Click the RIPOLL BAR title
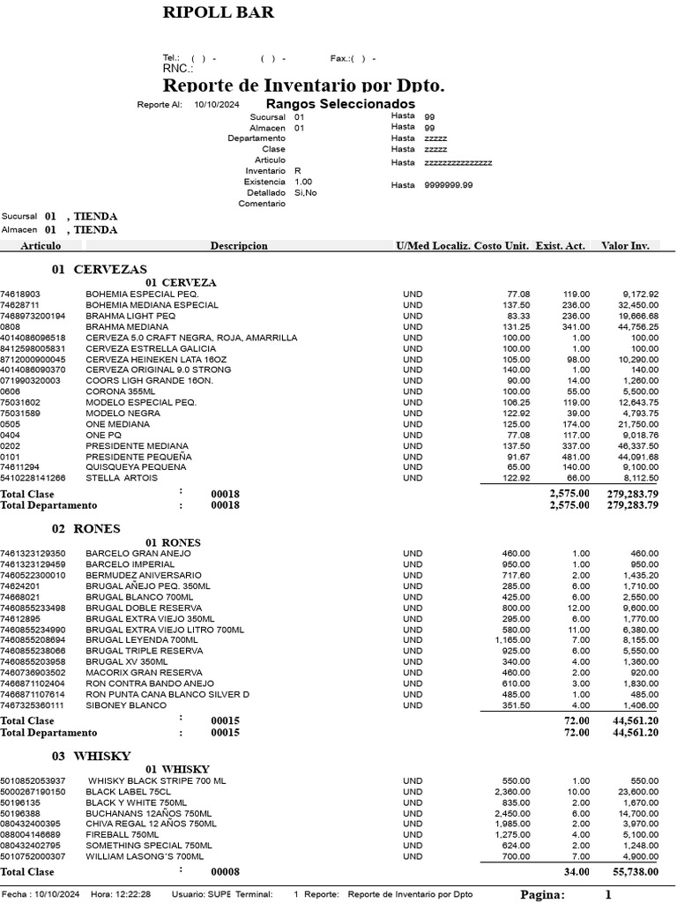coord(218,12)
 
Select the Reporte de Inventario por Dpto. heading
coord(303,86)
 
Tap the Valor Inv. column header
coord(625,246)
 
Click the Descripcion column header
coord(239,246)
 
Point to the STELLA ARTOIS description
coord(122,478)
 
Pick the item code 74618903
coord(20,295)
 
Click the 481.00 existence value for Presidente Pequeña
coord(577,457)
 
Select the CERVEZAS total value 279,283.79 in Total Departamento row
coord(633,505)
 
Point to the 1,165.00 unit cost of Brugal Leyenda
coord(512,639)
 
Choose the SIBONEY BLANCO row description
coord(126,705)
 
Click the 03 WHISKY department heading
coord(91,756)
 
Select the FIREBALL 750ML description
coord(123,834)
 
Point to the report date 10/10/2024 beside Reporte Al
coord(217,105)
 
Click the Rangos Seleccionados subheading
coord(328,103)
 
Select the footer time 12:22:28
coord(132,894)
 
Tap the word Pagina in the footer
coord(542,894)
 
